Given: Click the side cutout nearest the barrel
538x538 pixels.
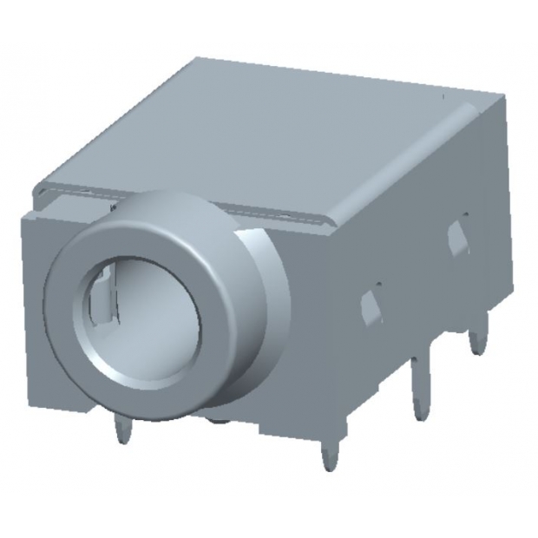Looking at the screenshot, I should pyautogui.click(x=371, y=305).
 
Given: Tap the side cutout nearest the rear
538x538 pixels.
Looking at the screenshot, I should pyautogui.click(x=456, y=237).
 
